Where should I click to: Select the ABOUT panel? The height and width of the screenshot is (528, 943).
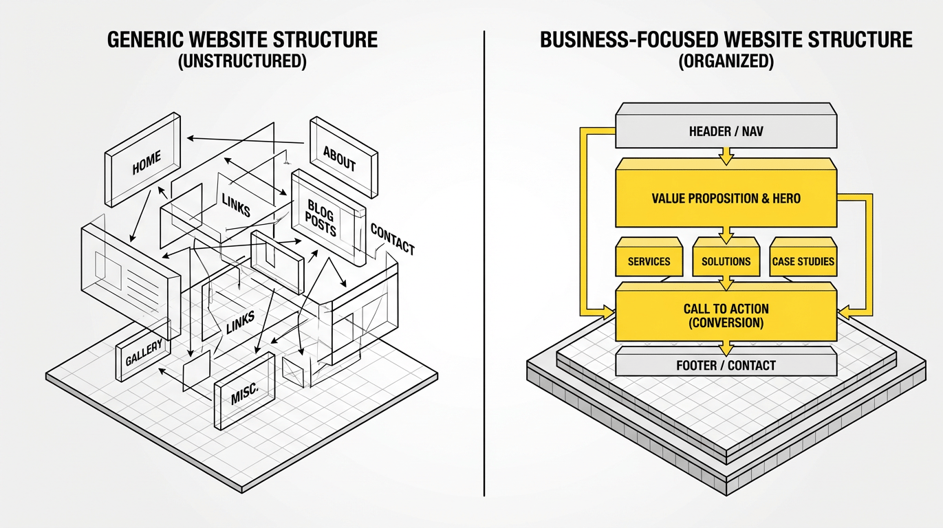click(340, 162)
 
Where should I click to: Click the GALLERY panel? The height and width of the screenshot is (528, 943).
click(144, 352)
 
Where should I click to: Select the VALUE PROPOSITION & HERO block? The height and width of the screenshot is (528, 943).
click(726, 199)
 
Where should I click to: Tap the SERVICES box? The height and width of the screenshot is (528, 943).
click(649, 261)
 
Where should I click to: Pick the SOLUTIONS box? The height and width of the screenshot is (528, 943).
click(726, 261)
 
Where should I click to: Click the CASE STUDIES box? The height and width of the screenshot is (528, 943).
click(803, 261)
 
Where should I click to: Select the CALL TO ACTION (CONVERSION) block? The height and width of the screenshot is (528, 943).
click(726, 316)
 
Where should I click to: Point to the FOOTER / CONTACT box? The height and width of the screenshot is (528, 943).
click(726, 365)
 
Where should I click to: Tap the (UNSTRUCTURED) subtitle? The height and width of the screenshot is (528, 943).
click(241, 61)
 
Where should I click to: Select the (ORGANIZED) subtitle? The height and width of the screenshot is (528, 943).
click(726, 61)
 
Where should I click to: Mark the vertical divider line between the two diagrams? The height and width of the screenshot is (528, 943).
click(484, 261)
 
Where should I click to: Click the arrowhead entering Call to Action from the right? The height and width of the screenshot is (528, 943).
click(845, 313)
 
